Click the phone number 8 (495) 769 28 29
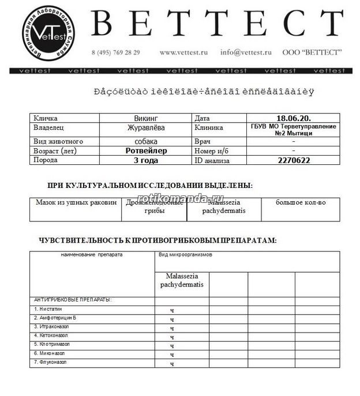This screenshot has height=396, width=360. (115, 52)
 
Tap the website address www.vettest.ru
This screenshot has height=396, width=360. (183, 52)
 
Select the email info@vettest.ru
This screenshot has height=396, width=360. (245, 52)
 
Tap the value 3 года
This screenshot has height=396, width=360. (145, 160)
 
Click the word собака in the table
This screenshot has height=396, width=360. (145, 141)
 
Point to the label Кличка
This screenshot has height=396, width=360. (46, 118)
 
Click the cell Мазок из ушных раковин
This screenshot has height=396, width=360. (76, 203)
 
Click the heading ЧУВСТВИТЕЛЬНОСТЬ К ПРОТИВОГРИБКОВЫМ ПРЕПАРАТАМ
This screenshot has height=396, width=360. (157, 240)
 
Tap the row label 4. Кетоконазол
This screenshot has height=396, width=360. (51, 335)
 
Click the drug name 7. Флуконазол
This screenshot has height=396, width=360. (50, 362)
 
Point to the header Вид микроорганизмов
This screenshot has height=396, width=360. (186, 254)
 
